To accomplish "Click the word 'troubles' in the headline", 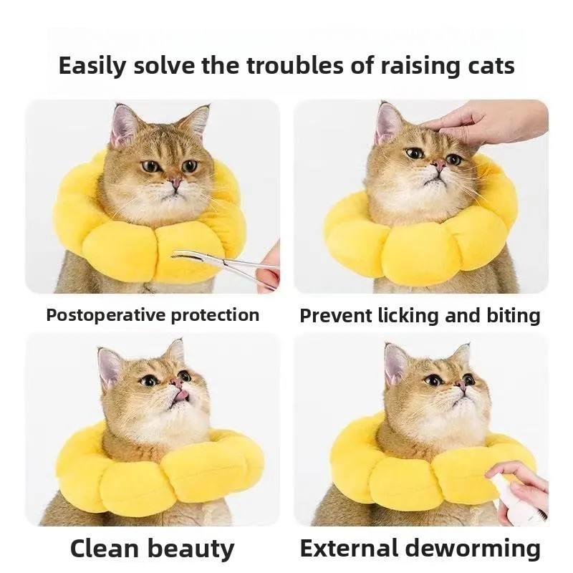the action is tap(294, 65).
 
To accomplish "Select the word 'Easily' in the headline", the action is tap(92, 67).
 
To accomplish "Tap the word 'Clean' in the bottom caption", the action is tap(105, 549).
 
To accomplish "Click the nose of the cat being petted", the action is tap(439, 165).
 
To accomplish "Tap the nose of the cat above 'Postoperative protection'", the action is tap(175, 180).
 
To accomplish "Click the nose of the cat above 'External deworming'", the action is tap(461, 384).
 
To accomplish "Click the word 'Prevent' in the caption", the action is tap(335, 316).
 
